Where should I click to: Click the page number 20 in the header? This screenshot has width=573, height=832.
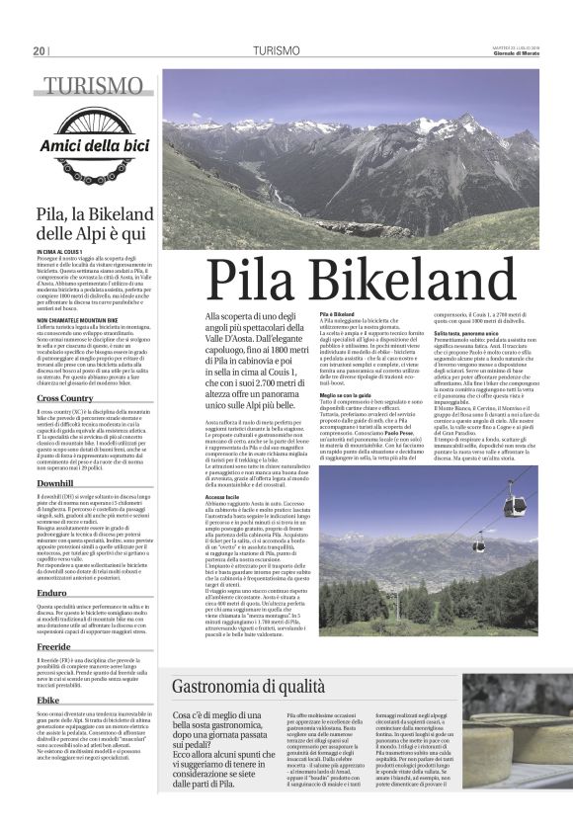click(x=40, y=50)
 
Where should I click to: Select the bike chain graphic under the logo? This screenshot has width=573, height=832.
click(x=95, y=168)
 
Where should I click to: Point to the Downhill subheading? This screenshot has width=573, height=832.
click(x=55, y=483)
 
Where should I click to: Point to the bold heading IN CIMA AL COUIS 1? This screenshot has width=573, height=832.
click(x=62, y=253)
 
